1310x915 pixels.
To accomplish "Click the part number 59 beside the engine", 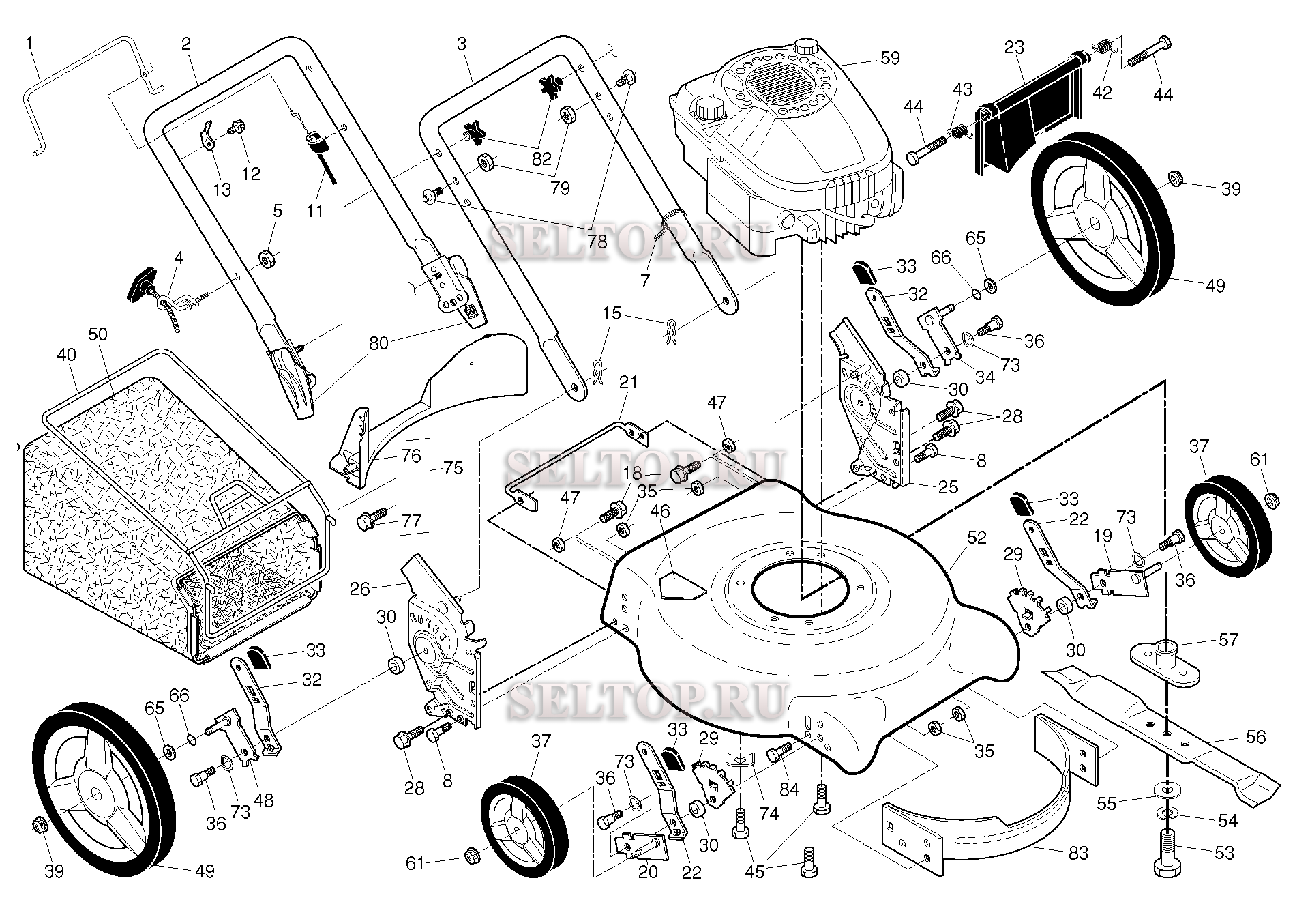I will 889,58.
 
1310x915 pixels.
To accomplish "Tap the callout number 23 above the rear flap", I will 1014,48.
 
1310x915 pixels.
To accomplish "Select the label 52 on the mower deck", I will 977,538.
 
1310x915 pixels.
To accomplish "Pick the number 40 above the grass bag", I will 66,355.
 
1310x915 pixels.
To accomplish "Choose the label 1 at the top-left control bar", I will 29,44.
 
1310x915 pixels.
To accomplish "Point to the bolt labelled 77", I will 371,521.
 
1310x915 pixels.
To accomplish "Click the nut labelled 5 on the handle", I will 265,259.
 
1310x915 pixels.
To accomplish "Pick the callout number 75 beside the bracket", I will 453,468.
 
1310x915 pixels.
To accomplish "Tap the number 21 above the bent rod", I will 627,382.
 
